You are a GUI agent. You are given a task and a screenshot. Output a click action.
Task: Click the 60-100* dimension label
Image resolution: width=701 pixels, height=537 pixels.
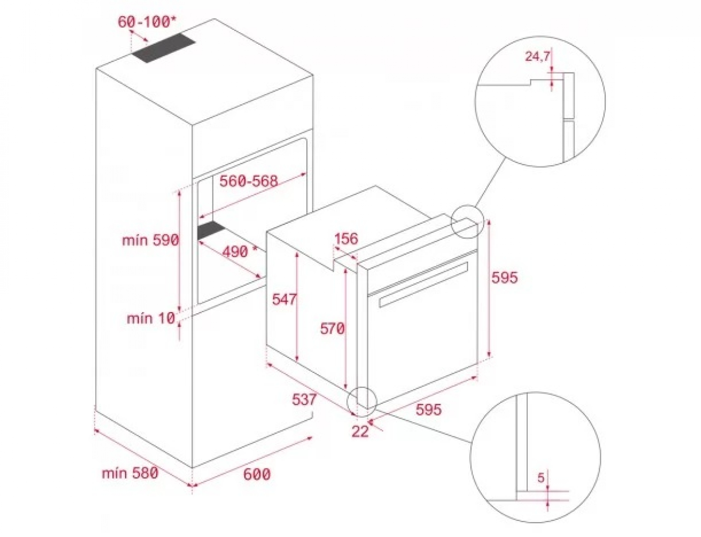147,22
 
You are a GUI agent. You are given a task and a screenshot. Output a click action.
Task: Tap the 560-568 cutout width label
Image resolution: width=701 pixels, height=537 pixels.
248,181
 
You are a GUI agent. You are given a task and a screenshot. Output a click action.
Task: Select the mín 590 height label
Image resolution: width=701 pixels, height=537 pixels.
150,240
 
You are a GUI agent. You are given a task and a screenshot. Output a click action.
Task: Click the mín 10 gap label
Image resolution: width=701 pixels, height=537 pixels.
151,318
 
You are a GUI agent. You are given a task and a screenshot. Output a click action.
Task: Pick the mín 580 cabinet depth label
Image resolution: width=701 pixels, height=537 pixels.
130,473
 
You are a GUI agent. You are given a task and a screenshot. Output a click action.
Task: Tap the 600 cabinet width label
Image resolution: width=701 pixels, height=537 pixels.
257,474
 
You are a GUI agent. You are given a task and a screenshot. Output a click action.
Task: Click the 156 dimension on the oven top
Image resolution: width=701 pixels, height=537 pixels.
346,238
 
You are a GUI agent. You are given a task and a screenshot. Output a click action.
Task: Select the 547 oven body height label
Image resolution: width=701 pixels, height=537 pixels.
284,299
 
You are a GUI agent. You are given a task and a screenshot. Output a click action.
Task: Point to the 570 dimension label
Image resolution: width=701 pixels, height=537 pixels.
332,328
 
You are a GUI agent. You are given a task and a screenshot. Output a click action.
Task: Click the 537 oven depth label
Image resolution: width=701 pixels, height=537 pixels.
304,400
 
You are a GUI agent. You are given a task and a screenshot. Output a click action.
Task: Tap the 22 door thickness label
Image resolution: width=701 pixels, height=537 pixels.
360,431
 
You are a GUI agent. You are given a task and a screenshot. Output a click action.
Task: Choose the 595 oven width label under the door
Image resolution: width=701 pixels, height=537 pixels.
429,409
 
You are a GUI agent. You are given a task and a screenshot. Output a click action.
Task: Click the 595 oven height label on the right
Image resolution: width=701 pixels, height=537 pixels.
505,277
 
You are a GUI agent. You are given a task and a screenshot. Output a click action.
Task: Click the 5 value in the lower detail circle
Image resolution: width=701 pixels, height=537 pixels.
541,477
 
